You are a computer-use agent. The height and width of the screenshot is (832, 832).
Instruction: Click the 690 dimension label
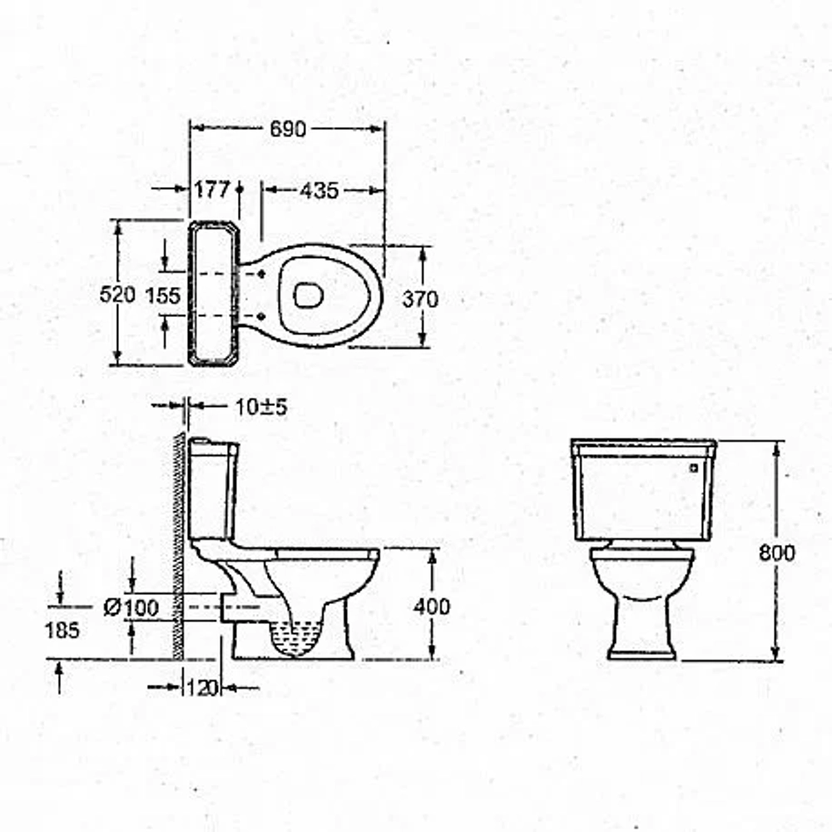(x=288, y=129)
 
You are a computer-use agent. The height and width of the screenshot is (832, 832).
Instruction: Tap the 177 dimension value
(x=211, y=190)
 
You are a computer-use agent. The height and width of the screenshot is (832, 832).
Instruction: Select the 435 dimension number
(x=319, y=191)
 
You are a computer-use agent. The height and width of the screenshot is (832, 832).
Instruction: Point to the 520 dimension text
(x=117, y=294)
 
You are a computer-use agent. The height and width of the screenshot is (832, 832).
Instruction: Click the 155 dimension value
(x=163, y=295)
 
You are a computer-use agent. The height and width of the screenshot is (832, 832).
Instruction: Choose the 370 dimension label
(x=419, y=300)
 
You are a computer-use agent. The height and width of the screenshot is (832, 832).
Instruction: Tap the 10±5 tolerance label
(x=261, y=407)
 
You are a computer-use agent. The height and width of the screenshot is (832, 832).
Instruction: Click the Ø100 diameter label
(x=131, y=607)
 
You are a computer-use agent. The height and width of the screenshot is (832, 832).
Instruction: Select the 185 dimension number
(x=62, y=631)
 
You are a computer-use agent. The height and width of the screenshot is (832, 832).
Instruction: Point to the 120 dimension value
(x=202, y=688)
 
